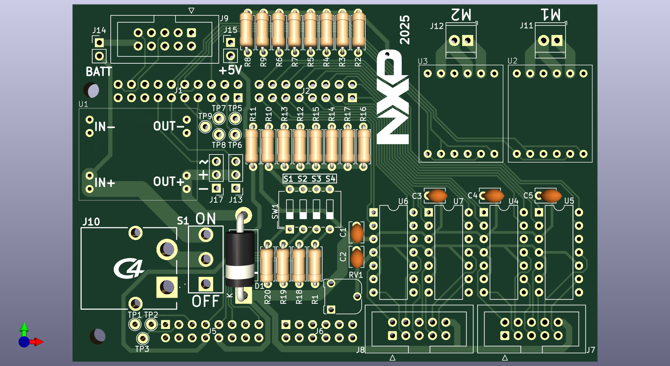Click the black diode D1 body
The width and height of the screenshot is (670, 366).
tap(240, 259)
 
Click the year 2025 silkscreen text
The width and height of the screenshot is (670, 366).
tap(405, 30)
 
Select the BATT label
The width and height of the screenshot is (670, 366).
tap(99, 72)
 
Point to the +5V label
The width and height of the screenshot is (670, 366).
tap(230, 70)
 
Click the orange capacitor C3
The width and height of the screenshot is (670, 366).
tap(437, 196)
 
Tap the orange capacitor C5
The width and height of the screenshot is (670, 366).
tap(551, 196)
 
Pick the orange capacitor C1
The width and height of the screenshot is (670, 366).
tap(357, 233)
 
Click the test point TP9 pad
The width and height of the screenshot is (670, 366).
tap(205, 127)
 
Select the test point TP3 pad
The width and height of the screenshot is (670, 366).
tap(142, 338)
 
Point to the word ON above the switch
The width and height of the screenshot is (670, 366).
tap(205, 219)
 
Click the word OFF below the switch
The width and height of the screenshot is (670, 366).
tap(205, 301)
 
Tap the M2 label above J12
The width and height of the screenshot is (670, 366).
tap(461, 15)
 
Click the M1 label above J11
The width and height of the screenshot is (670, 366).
tap(551, 15)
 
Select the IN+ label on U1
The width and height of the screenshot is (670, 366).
tap(104, 182)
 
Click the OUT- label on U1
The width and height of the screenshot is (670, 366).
tap(169, 126)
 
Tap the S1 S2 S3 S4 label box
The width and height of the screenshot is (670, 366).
tap(309, 179)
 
